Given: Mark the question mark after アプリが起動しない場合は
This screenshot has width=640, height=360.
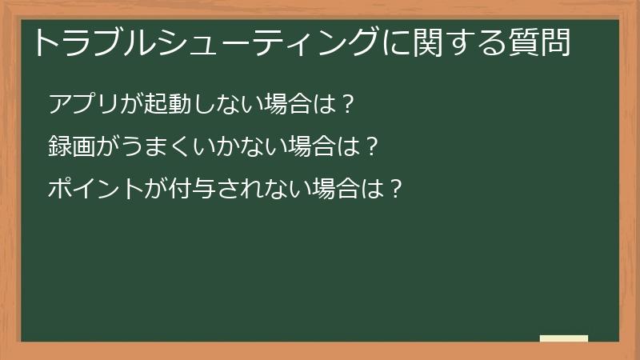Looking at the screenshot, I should pyautogui.click(x=346, y=105).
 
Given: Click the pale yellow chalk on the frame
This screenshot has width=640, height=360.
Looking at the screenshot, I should pyautogui.click(x=564, y=338).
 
